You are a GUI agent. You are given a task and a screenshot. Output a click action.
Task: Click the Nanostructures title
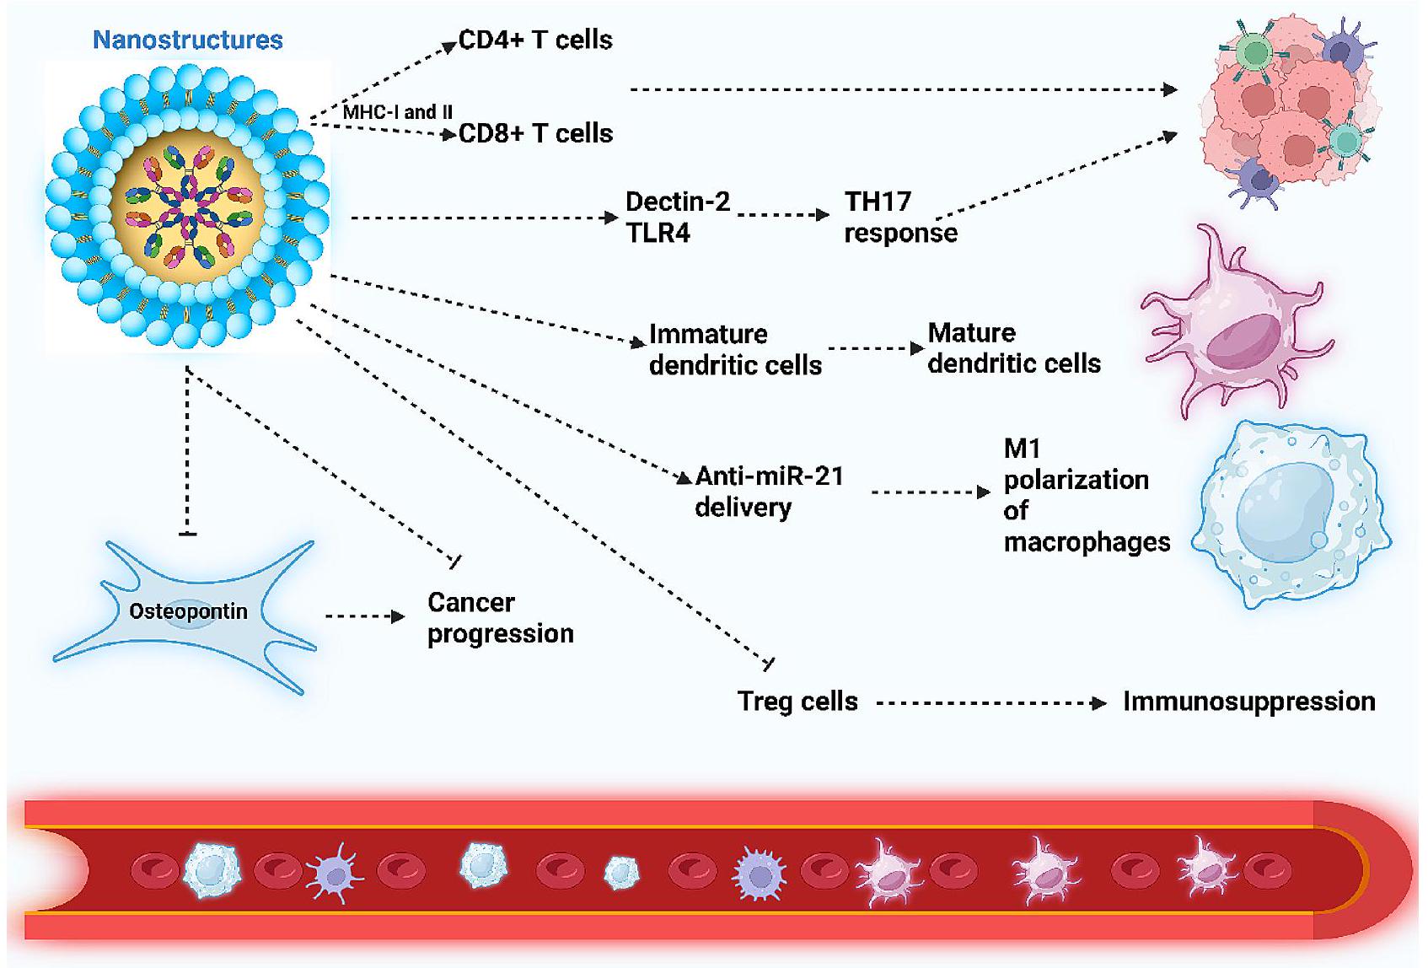[x=187, y=40]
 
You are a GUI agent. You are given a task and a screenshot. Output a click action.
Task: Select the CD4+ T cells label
[x=535, y=40]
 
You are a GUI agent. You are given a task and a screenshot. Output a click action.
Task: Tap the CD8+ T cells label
[x=535, y=133]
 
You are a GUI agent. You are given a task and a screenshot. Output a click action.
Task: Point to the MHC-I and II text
[x=397, y=112]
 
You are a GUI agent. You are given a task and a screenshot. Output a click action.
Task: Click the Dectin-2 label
[x=678, y=202]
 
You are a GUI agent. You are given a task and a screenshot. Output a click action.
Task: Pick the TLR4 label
[x=658, y=233]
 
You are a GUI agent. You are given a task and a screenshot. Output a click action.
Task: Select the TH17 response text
[x=900, y=217]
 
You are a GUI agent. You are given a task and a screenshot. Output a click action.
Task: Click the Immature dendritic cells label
[x=735, y=349]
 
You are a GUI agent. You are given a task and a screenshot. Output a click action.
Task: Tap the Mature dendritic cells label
[x=1014, y=347]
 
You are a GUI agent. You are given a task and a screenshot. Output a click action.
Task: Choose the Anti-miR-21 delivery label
[x=769, y=492]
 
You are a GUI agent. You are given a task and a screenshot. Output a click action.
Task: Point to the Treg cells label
[x=797, y=702]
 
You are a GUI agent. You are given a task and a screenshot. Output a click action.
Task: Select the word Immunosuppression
[x=1248, y=702]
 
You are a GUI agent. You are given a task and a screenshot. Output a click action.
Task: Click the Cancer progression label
[x=500, y=618]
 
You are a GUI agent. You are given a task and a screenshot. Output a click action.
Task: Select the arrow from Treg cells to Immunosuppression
[x=990, y=702]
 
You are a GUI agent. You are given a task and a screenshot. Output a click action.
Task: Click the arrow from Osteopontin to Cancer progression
[x=365, y=616]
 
